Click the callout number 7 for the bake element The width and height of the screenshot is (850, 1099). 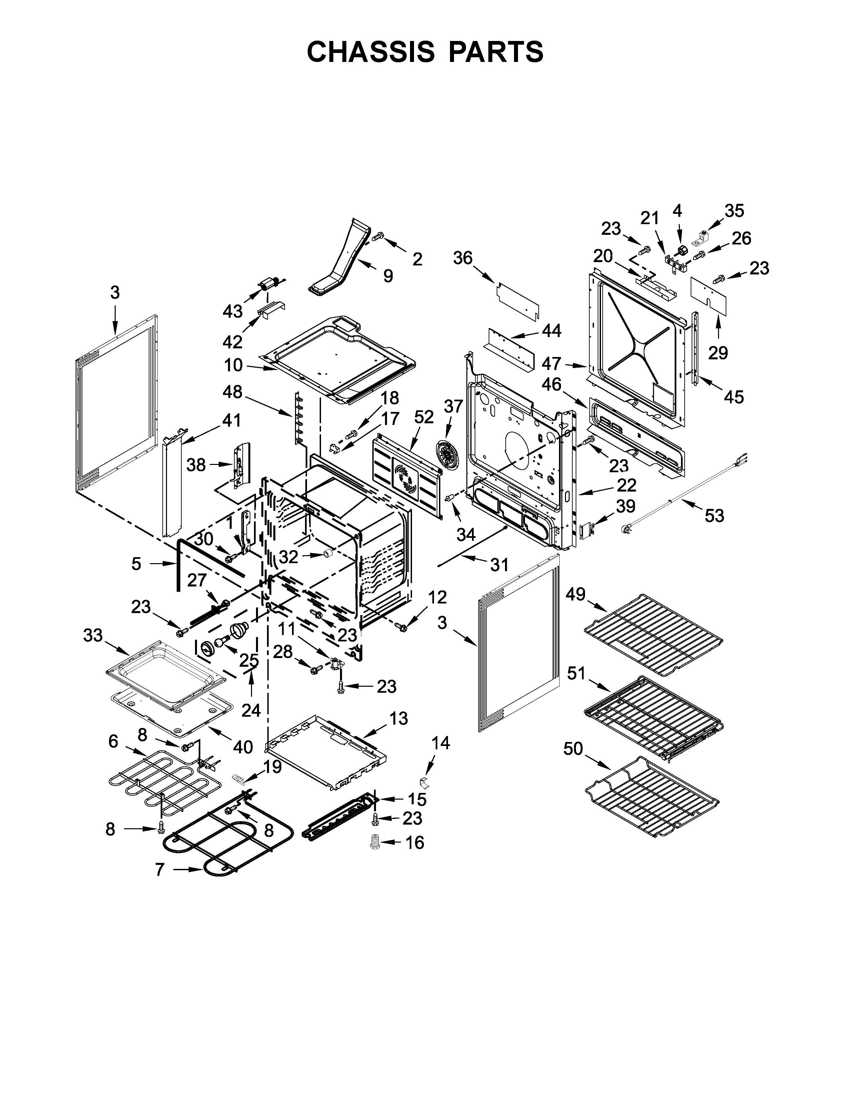[113, 741]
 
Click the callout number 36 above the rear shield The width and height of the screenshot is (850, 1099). [463, 258]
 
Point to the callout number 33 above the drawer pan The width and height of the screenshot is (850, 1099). [93, 635]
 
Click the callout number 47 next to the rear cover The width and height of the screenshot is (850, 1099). [551, 364]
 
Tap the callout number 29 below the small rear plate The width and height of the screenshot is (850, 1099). [718, 353]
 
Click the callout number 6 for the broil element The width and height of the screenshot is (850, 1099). [113, 741]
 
